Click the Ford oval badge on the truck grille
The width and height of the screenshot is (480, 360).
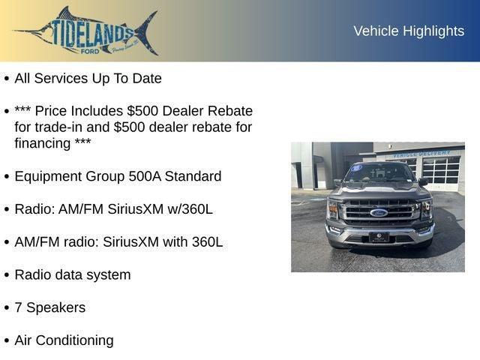tap(379, 212)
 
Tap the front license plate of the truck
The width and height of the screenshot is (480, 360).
tap(379, 237)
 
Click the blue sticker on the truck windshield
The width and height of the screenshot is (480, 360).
tap(356, 168)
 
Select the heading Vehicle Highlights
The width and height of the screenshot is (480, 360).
tap(409, 31)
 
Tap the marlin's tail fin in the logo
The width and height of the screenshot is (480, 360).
tap(147, 31)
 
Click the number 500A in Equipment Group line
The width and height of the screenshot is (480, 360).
tap(147, 176)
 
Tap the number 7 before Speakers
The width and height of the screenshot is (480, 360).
tap(19, 307)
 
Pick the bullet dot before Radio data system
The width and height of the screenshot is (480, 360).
tap(7, 275)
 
